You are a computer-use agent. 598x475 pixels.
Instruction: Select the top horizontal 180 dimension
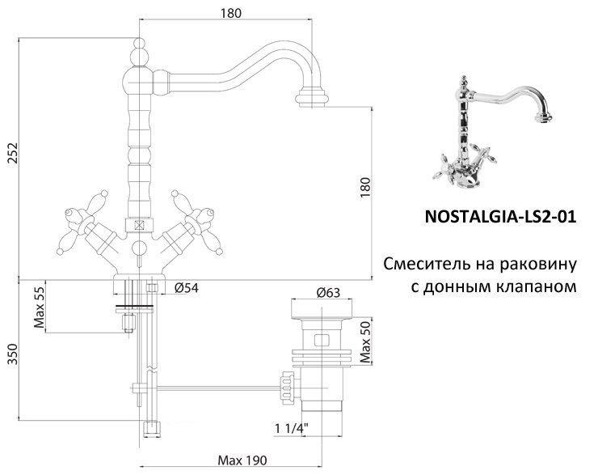(230, 13)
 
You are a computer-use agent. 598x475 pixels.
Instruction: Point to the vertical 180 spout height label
(364, 186)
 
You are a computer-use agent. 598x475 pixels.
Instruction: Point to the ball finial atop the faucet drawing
(138, 56)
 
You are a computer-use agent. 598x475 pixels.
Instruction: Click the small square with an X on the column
(139, 227)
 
